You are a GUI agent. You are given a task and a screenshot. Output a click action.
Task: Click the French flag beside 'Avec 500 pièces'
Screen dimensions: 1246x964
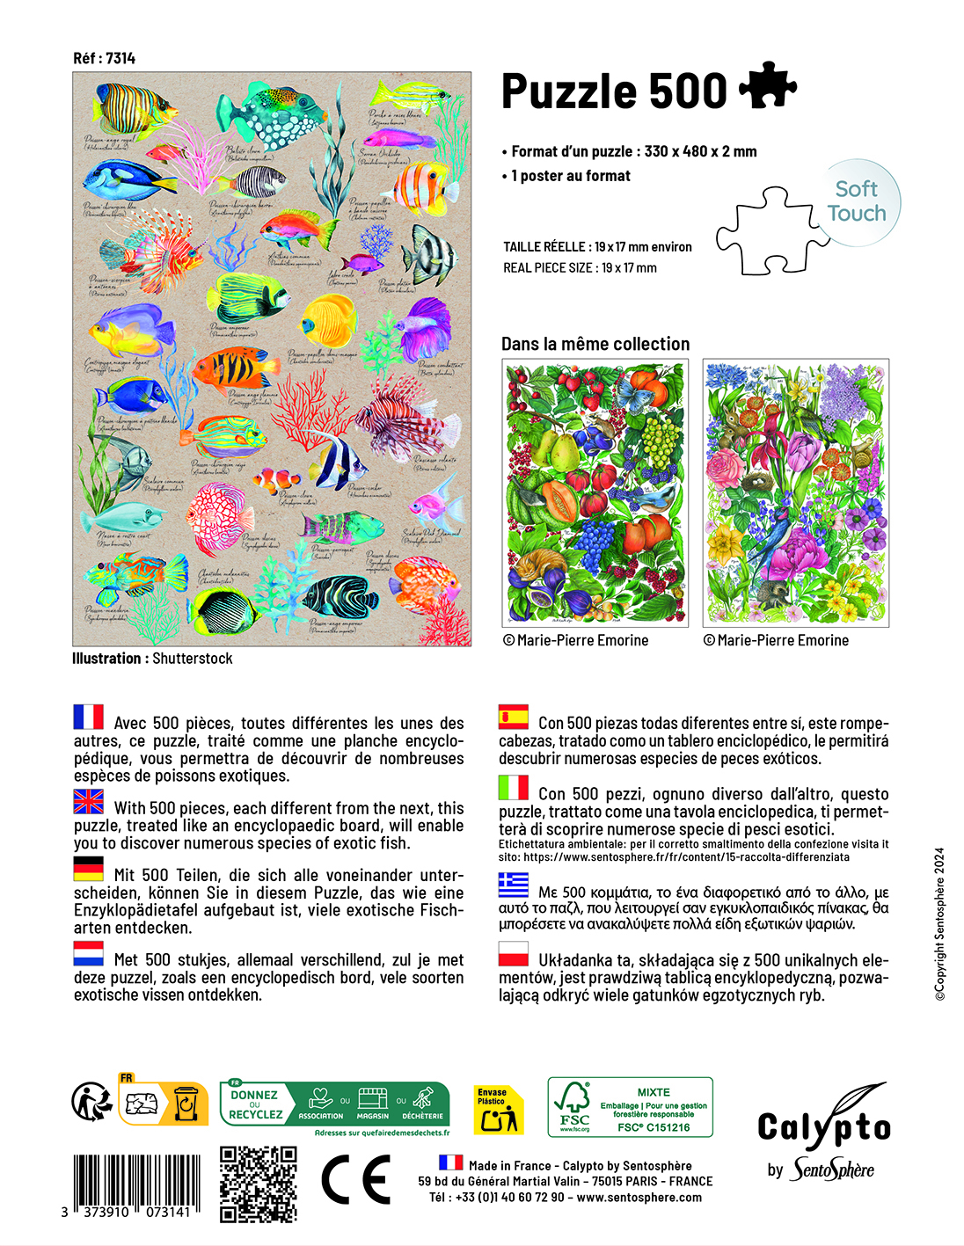(88, 717)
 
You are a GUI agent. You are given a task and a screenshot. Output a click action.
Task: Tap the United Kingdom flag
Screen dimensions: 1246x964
(88, 801)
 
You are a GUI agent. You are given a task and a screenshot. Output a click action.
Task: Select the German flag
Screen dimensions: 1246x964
(88, 869)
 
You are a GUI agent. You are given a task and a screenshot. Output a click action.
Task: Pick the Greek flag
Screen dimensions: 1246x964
(514, 884)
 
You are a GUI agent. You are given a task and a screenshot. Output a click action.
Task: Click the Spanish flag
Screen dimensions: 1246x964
(514, 717)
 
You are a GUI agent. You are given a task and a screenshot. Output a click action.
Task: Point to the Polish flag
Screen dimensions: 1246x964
(514, 954)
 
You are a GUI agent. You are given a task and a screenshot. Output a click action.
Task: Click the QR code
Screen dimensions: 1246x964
(258, 1183)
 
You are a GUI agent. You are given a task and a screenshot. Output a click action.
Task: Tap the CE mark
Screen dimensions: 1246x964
(355, 1180)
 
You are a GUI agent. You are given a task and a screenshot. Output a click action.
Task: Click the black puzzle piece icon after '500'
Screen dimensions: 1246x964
(767, 87)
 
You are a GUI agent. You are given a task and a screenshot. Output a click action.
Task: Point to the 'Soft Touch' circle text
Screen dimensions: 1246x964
(857, 201)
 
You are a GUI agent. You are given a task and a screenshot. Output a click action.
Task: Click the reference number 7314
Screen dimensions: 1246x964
(120, 58)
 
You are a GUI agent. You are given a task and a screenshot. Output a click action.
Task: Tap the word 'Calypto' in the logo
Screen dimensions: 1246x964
(824, 1126)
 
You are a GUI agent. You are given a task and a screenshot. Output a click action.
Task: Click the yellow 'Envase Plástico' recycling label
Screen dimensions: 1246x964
(497, 1110)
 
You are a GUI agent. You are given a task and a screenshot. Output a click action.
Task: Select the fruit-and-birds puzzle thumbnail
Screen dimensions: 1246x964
(595, 492)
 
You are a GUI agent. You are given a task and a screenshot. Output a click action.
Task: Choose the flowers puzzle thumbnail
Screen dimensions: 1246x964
(795, 492)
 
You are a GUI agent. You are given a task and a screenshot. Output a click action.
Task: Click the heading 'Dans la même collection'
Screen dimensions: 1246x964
(595, 344)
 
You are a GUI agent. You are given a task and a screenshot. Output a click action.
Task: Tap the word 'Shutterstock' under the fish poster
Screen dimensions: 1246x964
(193, 659)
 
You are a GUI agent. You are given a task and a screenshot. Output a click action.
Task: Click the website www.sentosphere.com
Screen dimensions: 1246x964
(639, 1197)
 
